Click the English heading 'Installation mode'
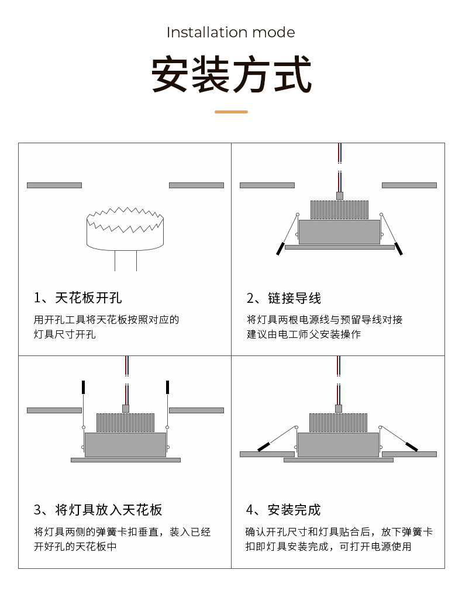point(230,32)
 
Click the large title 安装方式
point(231,74)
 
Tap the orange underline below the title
point(231,112)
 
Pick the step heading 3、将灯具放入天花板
point(98,510)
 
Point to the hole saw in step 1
point(125,229)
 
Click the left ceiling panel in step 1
point(54,185)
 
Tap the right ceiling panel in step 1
point(196,185)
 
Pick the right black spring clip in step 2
point(399,248)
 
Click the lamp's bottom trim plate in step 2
point(339,247)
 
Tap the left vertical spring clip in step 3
point(84,387)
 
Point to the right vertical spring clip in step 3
point(167,387)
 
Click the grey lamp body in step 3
point(125,445)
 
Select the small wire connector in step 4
point(338,409)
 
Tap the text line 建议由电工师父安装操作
point(304,334)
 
